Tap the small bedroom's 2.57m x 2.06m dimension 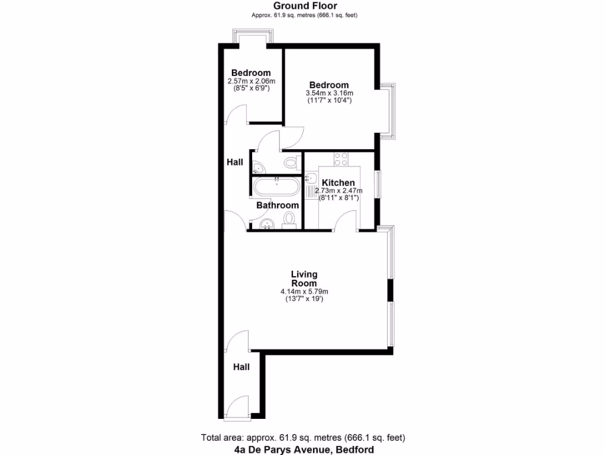[252, 81]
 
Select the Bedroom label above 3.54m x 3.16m [329, 85]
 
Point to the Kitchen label [339, 182]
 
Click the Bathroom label [278, 205]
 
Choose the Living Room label [304, 278]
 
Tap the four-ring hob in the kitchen [341, 159]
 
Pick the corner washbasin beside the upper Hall [257, 165]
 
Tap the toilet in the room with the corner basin [291, 163]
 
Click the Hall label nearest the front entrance [241, 367]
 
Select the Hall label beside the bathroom [235, 162]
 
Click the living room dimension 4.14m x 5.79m [304, 291]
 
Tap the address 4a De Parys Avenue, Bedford [304, 450]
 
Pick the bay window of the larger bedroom [388, 111]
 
